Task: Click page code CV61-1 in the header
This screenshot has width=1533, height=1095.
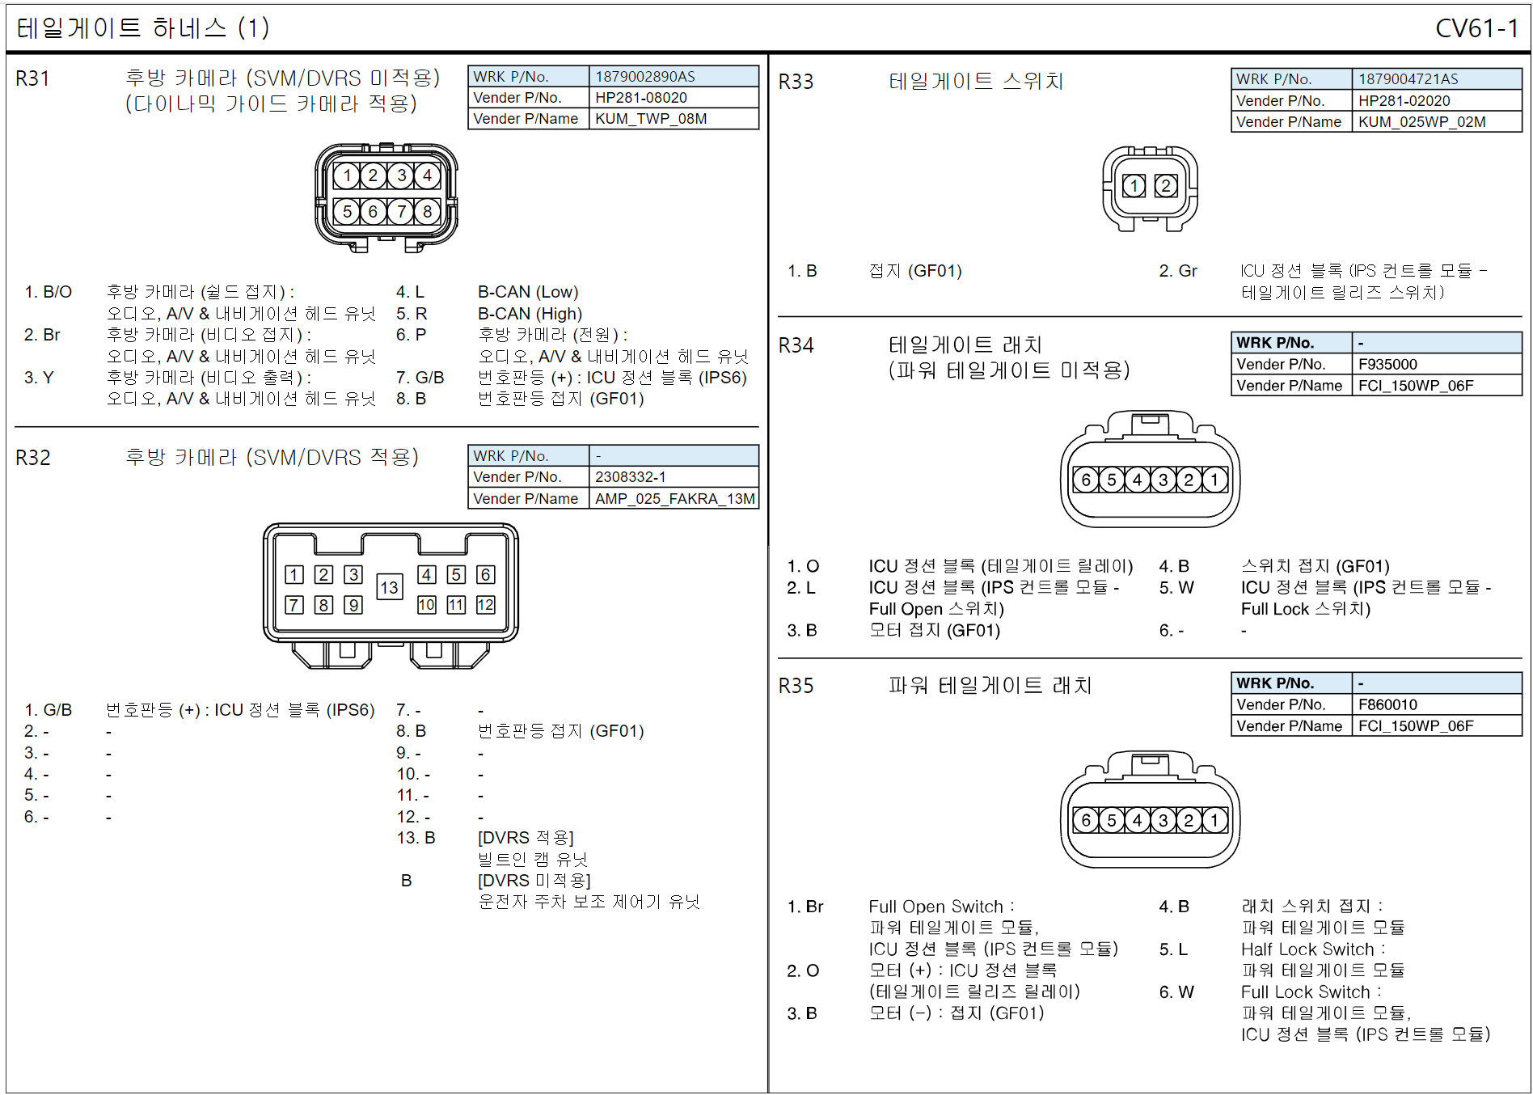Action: tap(1476, 29)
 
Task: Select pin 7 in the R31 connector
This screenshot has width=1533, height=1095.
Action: tap(401, 212)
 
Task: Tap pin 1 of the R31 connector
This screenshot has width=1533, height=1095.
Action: tap(347, 175)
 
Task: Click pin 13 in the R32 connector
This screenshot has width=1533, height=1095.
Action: tap(389, 587)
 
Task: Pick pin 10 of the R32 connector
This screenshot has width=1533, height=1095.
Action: tap(426, 605)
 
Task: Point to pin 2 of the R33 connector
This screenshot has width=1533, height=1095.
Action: tap(1165, 186)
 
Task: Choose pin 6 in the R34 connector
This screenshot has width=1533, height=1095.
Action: tap(1086, 480)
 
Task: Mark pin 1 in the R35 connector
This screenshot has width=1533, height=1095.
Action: tap(1214, 820)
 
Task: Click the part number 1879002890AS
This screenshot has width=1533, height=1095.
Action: tap(644, 77)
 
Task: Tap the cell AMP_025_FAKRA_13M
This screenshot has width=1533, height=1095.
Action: tap(674, 499)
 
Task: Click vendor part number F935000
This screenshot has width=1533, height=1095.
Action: tap(1387, 365)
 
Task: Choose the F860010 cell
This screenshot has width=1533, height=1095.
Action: tap(1387, 705)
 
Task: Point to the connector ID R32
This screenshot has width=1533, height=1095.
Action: tap(33, 458)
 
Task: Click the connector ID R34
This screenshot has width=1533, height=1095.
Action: tap(796, 346)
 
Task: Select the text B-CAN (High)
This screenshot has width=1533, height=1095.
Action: tap(530, 314)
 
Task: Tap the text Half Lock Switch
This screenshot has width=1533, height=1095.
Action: tap(1307, 949)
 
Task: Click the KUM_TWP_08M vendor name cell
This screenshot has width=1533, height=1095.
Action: tap(651, 119)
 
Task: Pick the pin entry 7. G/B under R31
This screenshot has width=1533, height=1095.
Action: tap(420, 378)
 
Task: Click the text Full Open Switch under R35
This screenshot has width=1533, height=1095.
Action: tap(935, 907)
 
